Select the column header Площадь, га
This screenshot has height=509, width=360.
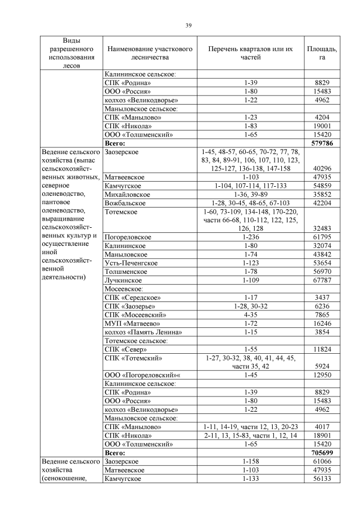(x=322, y=53)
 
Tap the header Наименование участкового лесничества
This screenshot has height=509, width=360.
(x=149, y=53)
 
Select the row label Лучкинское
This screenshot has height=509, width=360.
(x=123, y=280)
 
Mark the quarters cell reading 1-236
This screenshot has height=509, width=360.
(x=250, y=237)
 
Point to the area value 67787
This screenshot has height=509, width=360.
(x=322, y=280)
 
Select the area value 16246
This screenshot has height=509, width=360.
(x=322, y=323)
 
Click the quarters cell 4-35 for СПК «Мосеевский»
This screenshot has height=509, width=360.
(x=250, y=314)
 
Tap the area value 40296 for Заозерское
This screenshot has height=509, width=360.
(x=322, y=169)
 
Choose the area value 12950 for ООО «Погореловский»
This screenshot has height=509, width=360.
(x=322, y=375)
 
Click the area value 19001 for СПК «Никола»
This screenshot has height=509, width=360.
(x=322, y=126)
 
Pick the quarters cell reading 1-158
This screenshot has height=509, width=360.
(x=250, y=461)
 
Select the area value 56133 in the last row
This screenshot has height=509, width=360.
(x=322, y=478)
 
